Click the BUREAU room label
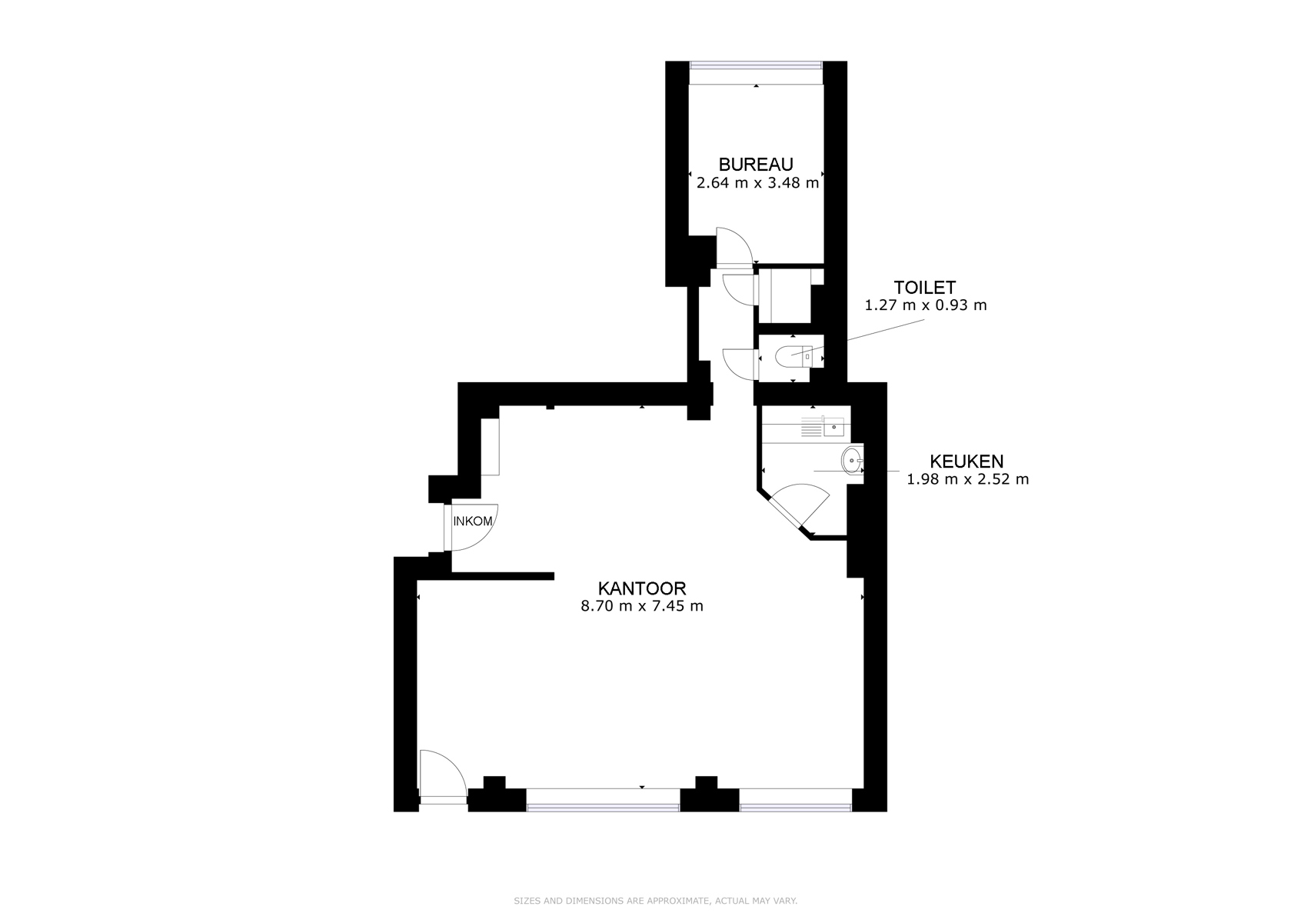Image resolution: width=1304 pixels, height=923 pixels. coord(756,165)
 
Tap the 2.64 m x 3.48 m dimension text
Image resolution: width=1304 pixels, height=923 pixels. coord(757,183)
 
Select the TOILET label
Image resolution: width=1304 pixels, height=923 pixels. coord(925,287)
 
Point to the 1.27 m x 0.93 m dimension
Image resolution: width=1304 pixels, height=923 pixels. coord(926,305)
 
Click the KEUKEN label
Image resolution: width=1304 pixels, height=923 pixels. coord(966,461)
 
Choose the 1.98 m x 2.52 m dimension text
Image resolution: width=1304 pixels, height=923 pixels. coord(967,479)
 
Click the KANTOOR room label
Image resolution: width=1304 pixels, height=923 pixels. coord(642,588)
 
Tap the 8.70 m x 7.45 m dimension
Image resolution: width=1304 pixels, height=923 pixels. coord(642,605)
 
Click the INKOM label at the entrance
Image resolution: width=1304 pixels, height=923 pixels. coord(473,521)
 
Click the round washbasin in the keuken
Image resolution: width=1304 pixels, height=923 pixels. coord(852,461)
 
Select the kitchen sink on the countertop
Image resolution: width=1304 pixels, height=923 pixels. coord(833,428)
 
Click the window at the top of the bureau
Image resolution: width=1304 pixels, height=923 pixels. coord(757,66)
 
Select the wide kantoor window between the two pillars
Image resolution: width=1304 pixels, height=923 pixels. coord(603,807)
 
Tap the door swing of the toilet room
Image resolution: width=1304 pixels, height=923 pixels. coord(740,364)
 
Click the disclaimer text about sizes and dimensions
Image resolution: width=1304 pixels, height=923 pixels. coord(656,900)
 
